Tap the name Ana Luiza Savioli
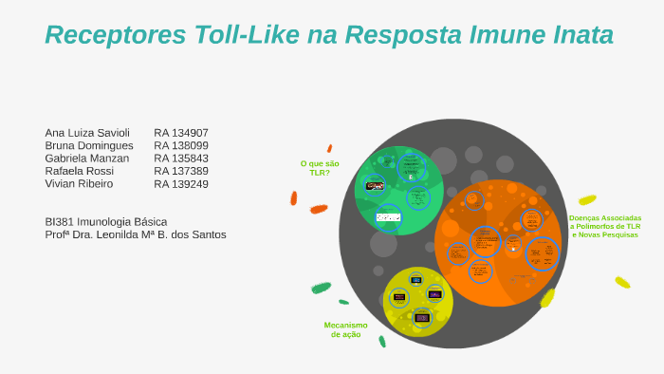(87, 133)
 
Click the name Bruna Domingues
(89, 146)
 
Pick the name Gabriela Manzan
(87, 159)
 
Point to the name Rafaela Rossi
(80, 171)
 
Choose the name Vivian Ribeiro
(79, 184)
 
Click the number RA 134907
(181, 133)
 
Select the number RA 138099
(181, 146)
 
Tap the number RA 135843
(181, 159)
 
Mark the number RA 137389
(181, 171)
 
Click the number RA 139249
(181, 184)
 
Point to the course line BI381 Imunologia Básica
(105, 221)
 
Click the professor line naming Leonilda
(136, 234)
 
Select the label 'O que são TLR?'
(320, 168)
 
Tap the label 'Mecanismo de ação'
(345, 329)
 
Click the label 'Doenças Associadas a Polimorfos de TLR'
(605, 226)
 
